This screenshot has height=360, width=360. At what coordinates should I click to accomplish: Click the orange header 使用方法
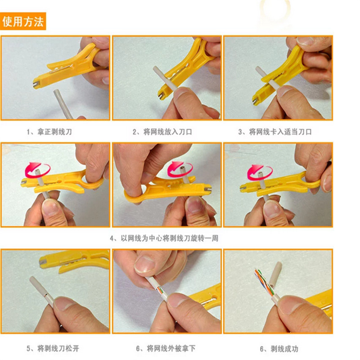pyautogui.click(x=23, y=21)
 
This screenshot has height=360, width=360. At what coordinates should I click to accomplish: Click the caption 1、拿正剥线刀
pyautogui.click(x=49, y=132)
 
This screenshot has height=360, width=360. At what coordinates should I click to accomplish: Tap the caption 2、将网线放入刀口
pyautogui.click(x=162, y=132)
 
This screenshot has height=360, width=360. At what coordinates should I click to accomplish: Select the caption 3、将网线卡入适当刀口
pyautogui.click(x=275, y=132)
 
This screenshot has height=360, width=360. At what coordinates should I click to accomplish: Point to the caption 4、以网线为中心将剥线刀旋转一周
pyautogui.click(x=164, y=238)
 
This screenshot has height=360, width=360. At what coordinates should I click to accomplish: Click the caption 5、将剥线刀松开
pyautogui.click(x=53, y=348)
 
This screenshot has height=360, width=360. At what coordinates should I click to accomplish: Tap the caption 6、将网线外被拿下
pyautogui.click(x=166, y=348)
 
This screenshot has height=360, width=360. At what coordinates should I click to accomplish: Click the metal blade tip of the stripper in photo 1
pyautogui.click(x=36, y=85)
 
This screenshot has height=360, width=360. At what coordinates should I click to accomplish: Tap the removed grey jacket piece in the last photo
pyautogui.click(x=276, y=274)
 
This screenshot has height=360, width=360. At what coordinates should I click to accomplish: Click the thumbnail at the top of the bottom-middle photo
pyautogui.click(x=144, y=264)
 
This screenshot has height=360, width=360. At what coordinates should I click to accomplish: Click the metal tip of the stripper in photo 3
pyautogui.click(x=255, y=100)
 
